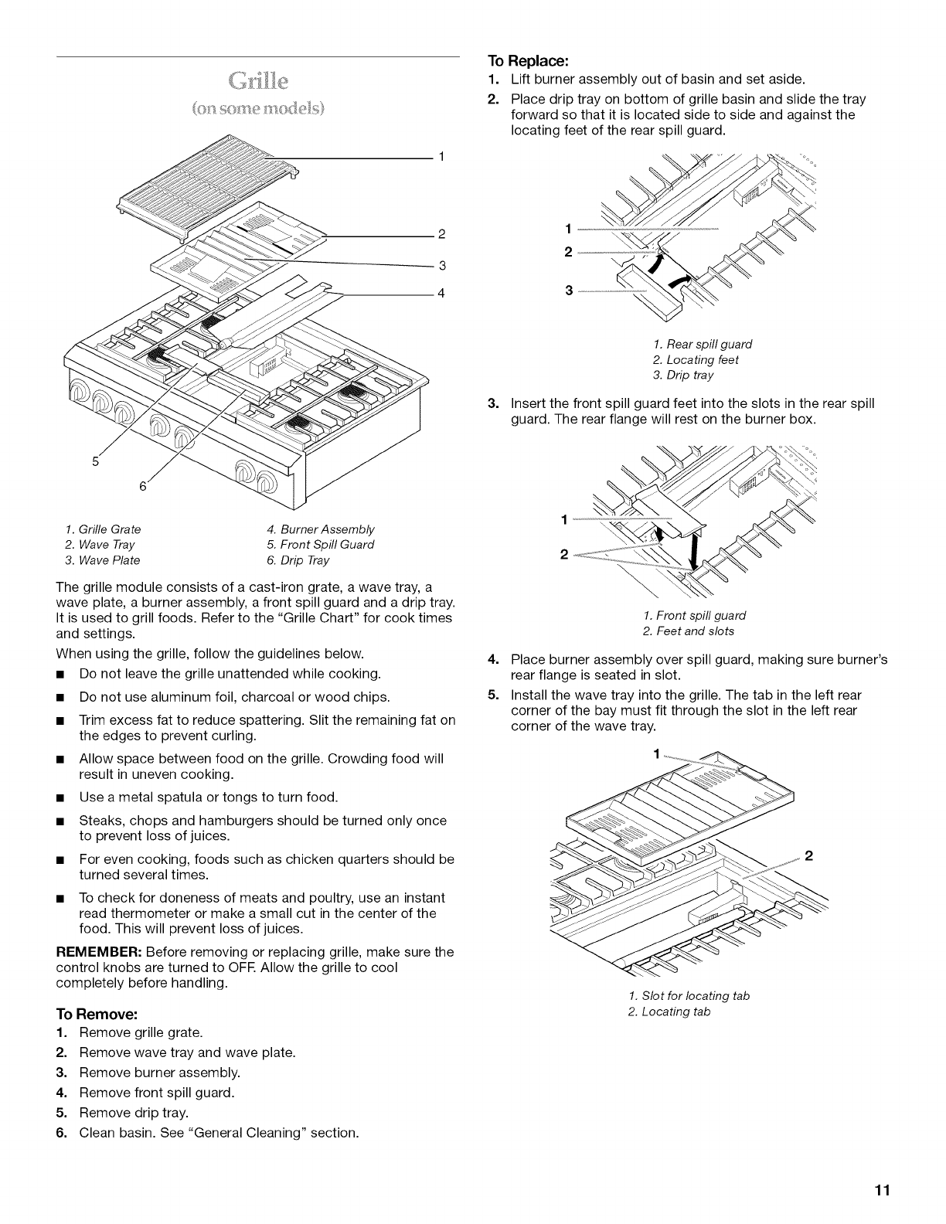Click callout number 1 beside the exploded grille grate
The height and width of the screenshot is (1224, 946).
[x=441, y=157]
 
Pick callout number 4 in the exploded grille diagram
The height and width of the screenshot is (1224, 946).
[x=441, y=294]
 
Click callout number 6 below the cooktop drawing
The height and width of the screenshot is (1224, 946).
[x=142, y=486]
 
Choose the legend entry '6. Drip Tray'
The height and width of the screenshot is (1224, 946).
[x=298, y=560]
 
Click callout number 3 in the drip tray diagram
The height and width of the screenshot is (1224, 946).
[x=569, y=291]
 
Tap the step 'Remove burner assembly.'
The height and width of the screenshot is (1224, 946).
[x=159, y=1073]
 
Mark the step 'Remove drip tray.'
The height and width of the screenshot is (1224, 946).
[x=134, y=1113]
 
